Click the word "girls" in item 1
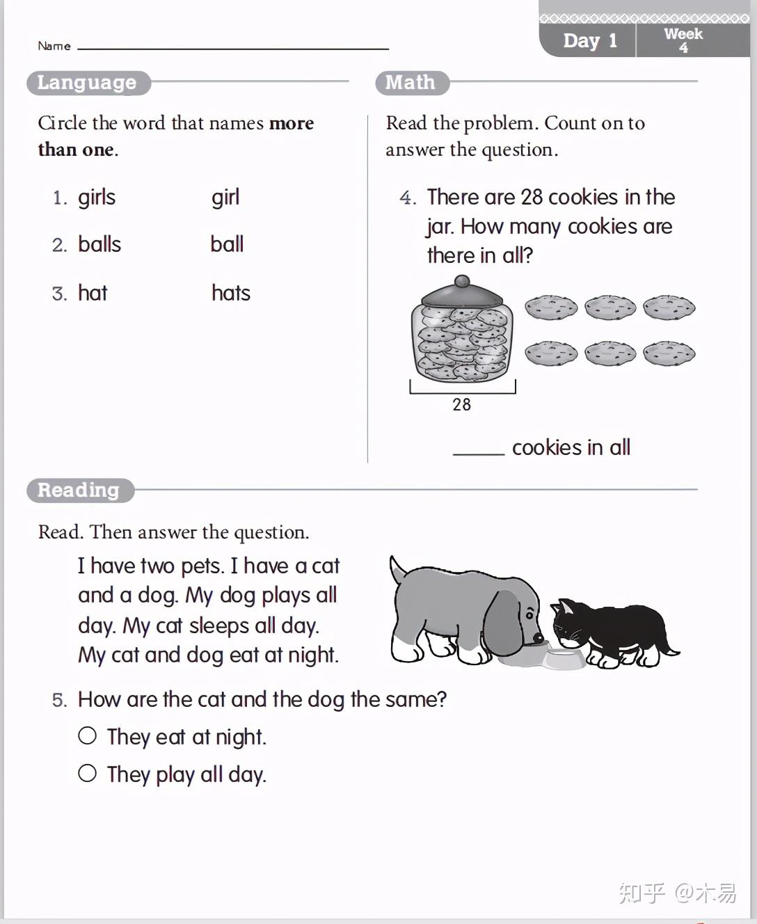pyautogui.click(x=96, y=198)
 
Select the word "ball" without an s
pyautogui.click(x=227, y=244)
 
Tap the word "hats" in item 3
pyautogui.click(x=230, y=293)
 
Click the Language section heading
pyautogui.click(x=87, y=83)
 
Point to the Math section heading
pyautogui.click(x=411, y=83)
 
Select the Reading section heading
pyautogui.click(x=79, y=491)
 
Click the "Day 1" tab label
pyautogui.click(x=589, y=41)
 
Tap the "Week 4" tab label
pyautogui.click(x=683, y=40)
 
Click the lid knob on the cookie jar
pyautogui.click(x=461, y=281)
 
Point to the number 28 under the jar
pyautogui.click(x=461, y=405)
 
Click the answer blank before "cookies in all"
pyautogui.click(x=479, y=449)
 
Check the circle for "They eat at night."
pyautogui.click(x=88, y=735)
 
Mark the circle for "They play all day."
pyautogui.click(x=88, y=773)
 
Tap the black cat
pyautogui.click(x=612, y=630)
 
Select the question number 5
pyautogui.click(x=59, y=700)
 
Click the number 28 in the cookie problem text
pyautogui.click(x=531, y=198)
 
